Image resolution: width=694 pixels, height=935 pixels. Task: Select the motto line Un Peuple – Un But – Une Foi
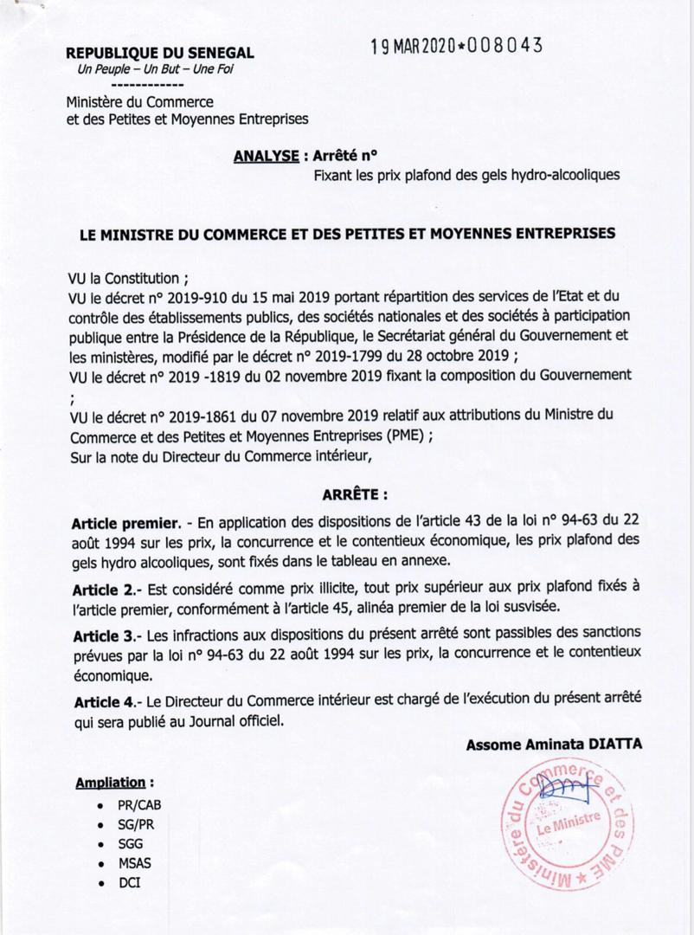tap(149, 68)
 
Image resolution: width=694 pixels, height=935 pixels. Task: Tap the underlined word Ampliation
tap(110, 783)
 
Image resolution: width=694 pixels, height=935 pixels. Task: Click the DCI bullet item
tap(130, 883)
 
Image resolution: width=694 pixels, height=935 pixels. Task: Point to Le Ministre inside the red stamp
tap(568, 829)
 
